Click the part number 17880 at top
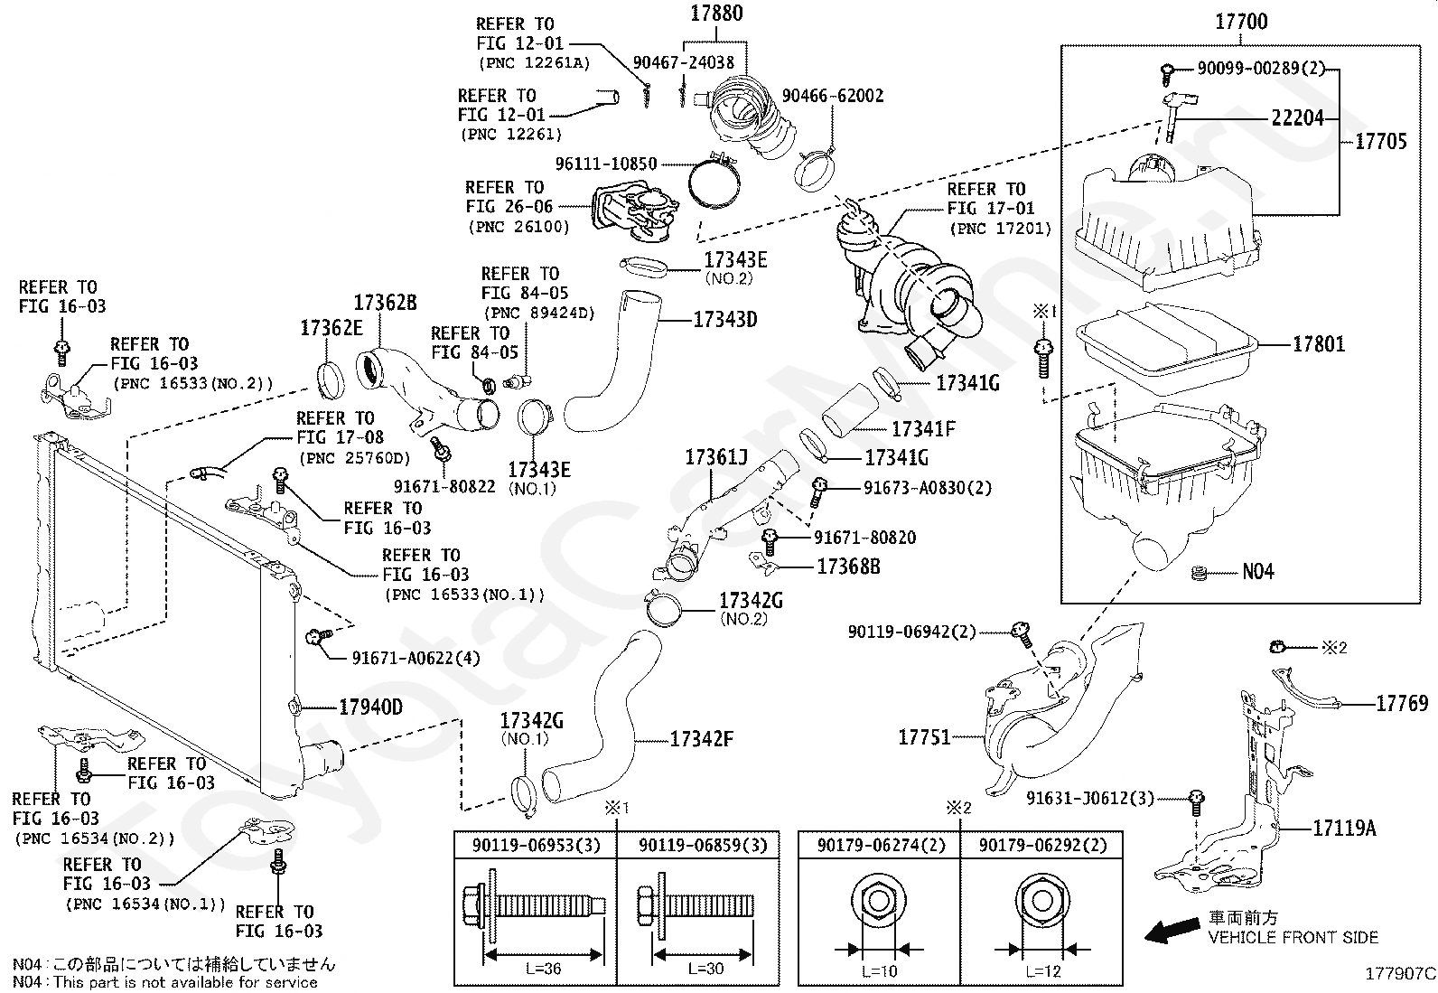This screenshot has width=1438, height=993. point(716,14)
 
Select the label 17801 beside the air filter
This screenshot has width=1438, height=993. point(1318,344)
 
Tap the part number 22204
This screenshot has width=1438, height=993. point(1297,118)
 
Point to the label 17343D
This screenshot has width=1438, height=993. point(724,319)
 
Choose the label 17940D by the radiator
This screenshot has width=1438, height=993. point(370,707)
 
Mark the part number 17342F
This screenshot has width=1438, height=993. point(701,740)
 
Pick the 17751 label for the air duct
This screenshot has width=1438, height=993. point(924,737)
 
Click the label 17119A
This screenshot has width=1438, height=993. point(1343,828)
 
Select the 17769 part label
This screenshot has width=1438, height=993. point(1402,703)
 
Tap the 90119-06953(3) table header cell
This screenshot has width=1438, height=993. point(535,846)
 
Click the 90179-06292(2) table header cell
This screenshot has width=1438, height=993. point(1042,846)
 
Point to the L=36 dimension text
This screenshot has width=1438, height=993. point(543,970)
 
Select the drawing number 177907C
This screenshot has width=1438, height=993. point(1399,974)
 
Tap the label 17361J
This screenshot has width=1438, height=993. point(715,458)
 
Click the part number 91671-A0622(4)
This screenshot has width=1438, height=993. point(416,658)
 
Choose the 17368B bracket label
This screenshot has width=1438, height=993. point(848,567)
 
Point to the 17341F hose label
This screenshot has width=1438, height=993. point(923,429)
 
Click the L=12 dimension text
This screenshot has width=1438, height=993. point(1042,971)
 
